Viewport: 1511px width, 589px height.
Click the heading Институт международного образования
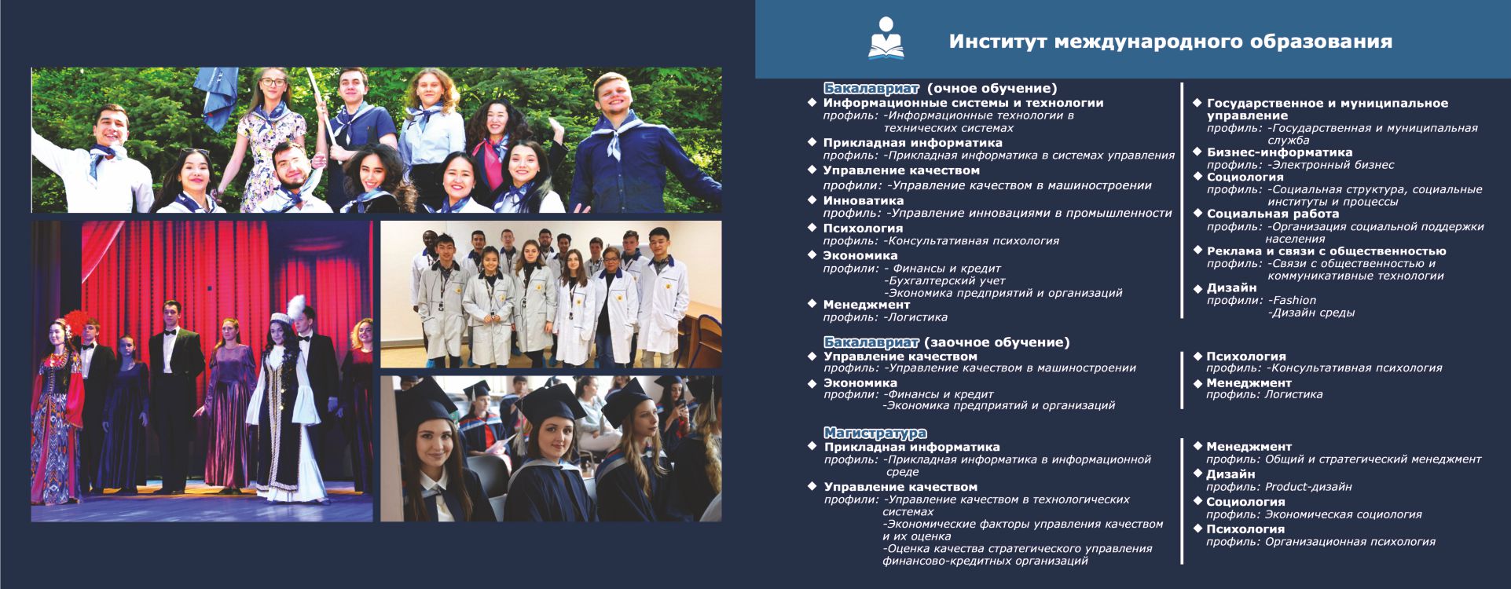tap(1171, 42)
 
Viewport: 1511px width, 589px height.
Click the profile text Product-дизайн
tap(1308, 487)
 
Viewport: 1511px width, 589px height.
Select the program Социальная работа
tap(1273, 214)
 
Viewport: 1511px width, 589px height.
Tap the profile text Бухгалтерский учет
tap(944, 280)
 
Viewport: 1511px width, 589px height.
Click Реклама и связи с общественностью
tap(1326, 251)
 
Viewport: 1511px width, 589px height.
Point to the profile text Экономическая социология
tap(1343, 514)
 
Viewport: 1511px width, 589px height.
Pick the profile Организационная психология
tap(1350, 541)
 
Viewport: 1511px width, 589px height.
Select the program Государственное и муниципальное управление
tap(1327, 109)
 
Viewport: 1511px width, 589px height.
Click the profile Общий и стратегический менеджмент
tap(1373, 459)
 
